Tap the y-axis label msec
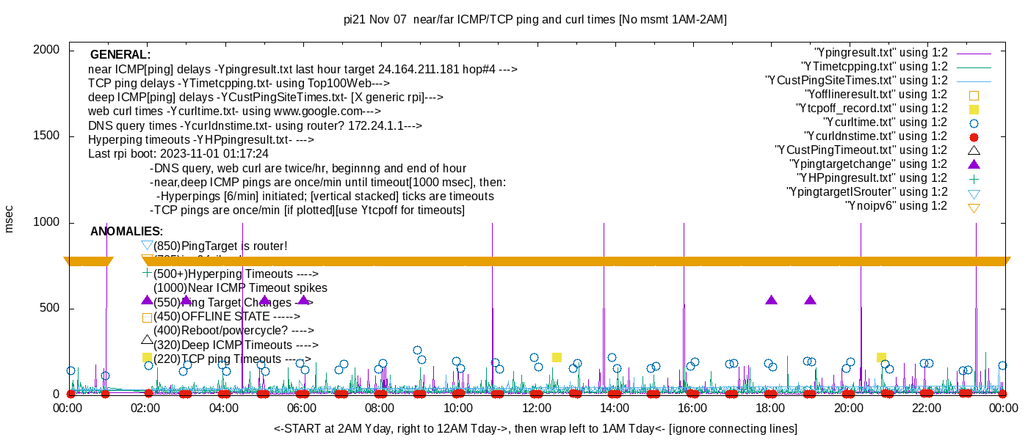tap(10, 219)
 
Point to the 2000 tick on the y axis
tap(48, 50)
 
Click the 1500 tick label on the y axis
tap(48, 136)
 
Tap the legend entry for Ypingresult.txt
tap(881, 53)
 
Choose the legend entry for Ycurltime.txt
tap(886, 122)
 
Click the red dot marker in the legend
tap(974, 136)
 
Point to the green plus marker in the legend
tap(974, 178)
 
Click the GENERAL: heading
tap(120, 55)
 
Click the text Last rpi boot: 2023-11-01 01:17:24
tap(178, 154)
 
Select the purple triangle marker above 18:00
tap(771, 300)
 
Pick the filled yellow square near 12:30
tap(557, 357)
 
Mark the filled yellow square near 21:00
tap(881, 357)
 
